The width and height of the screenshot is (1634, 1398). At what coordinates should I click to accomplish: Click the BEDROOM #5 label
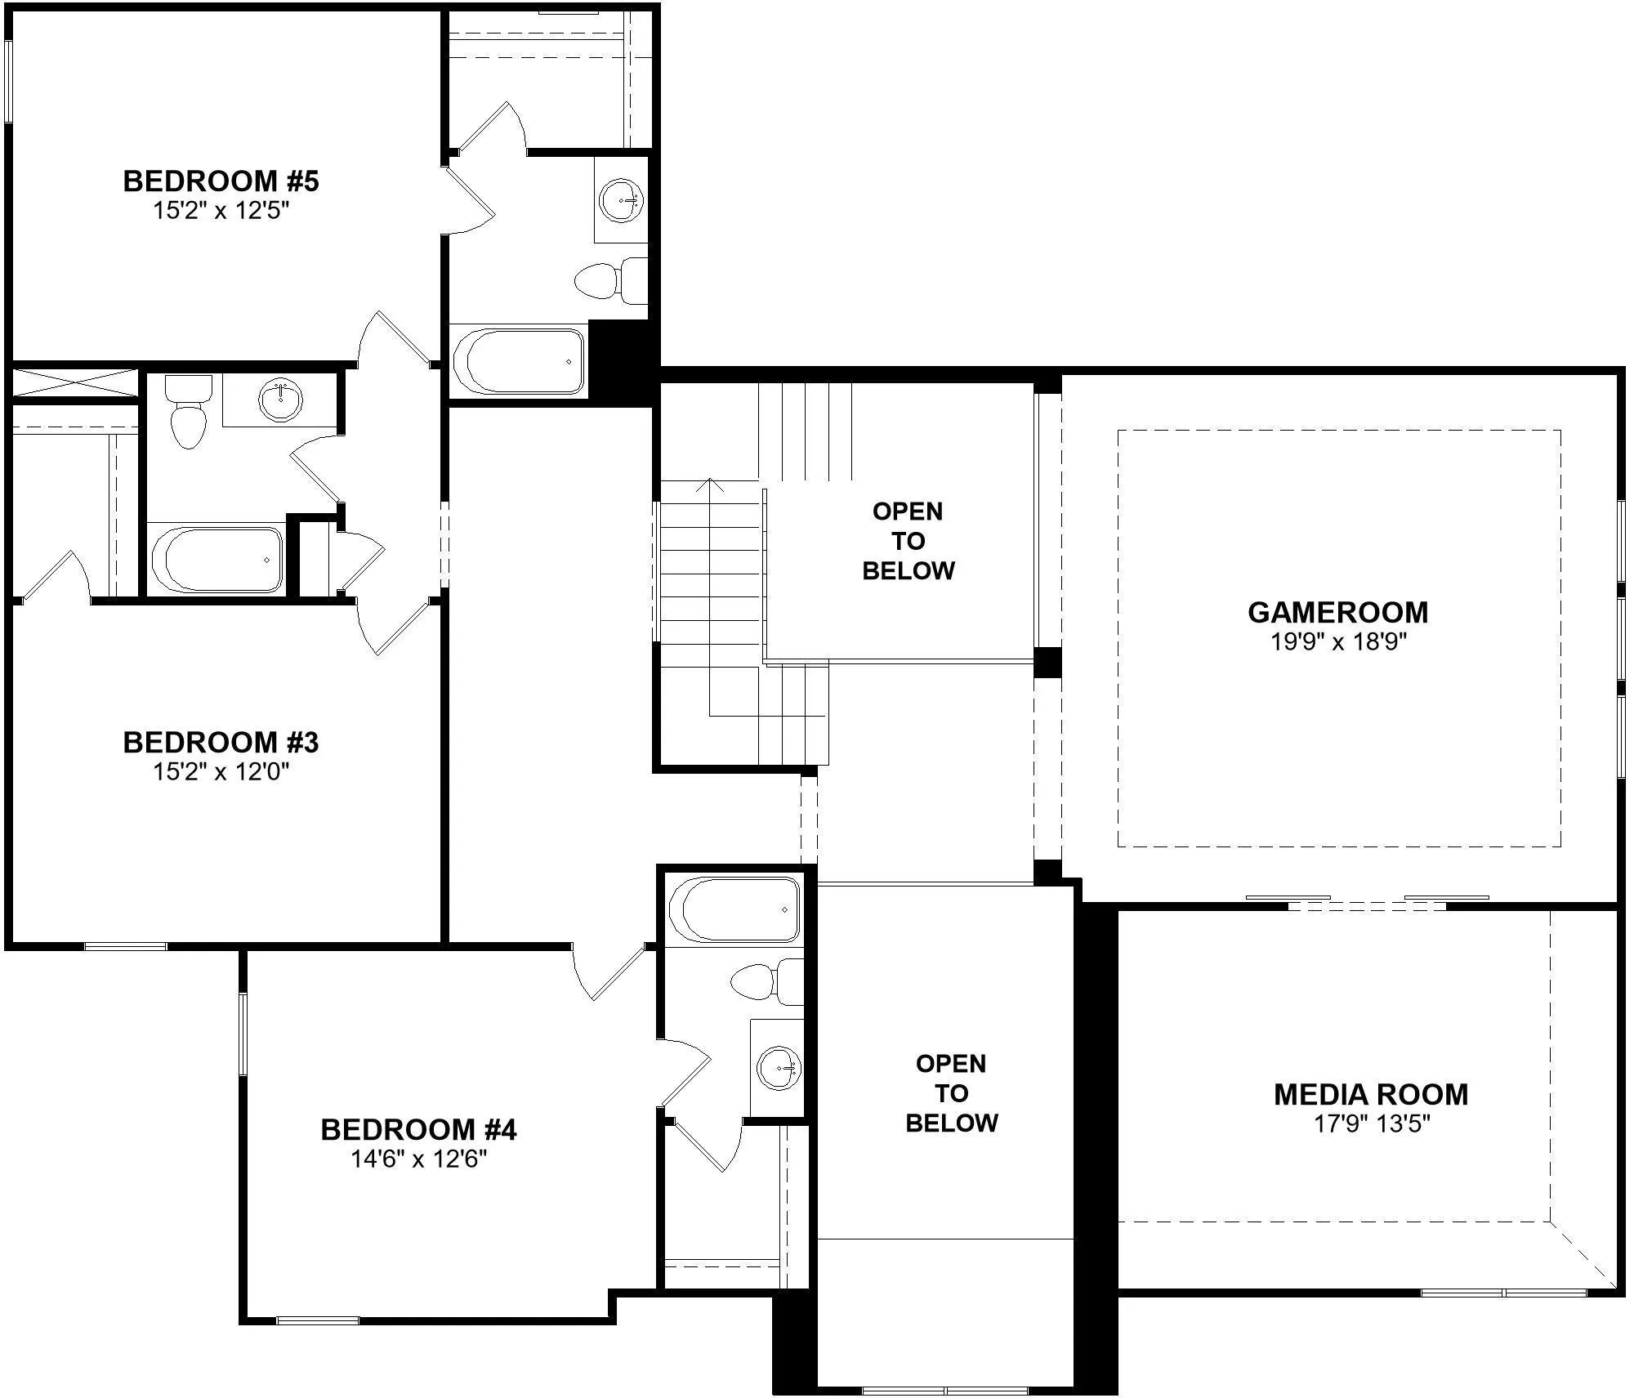click(221, 181)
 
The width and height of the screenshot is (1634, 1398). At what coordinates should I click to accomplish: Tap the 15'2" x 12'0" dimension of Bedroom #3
click(221, 771)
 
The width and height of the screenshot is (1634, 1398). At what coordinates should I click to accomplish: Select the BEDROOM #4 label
click(418, 1129)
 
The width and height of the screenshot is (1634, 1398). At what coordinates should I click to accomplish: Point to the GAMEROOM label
click(1338, 612)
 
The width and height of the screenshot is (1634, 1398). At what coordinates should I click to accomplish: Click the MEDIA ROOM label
click(1371, 1094)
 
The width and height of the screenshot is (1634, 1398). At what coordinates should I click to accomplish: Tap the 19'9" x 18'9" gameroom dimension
click(1338, 641)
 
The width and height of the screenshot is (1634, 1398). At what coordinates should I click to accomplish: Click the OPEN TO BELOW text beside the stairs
click(908, 541)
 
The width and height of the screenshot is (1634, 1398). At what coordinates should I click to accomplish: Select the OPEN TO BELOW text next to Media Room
click(951, 1093)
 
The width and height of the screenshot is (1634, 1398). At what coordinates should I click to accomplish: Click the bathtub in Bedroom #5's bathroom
click(518, 360)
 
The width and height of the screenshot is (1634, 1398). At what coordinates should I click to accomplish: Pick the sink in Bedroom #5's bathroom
click(622, 199)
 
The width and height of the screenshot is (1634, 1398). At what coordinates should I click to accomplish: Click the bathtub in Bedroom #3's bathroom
click(216, 559)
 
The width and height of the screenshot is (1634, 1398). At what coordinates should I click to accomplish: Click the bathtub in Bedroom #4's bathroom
click(734, 909)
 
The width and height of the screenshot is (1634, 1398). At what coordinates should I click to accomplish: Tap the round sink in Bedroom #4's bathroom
click(779, 1067)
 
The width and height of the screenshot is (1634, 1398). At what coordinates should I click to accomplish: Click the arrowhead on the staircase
click(710, 484)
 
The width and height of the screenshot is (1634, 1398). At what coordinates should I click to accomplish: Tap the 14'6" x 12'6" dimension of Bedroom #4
click(419, 1159)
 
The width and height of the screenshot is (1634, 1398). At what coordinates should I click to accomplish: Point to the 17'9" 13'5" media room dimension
click(1371, 1123)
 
